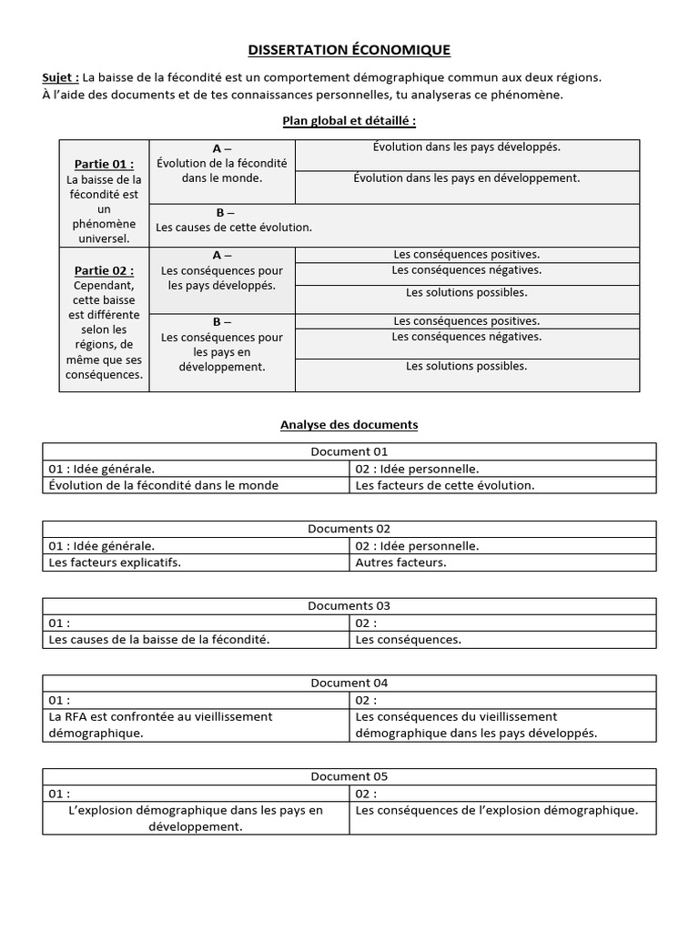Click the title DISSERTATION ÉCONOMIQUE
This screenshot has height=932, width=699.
pos(349,50)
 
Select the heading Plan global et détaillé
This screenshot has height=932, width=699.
pos(349,120)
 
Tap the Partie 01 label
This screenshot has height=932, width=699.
pos(104,164)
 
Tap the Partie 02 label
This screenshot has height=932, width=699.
pos(104,270)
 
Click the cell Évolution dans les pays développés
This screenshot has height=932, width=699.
pos(466,147)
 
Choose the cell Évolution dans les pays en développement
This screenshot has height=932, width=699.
pos(466,178)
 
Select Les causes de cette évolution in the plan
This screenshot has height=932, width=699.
pos(234,228)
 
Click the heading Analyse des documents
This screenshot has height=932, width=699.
pos(349,424)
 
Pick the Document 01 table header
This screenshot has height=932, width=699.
pos(349,451)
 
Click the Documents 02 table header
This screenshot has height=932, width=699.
pos(349,529)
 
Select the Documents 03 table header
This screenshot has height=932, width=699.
pos(349,606)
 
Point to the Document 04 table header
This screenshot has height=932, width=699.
pos(349,683)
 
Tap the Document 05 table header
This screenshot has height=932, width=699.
pos(349,776)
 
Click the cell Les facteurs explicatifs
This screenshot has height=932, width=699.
pos(115,562)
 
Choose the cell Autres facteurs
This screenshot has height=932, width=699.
pos(401,562)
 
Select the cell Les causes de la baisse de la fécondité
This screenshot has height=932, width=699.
pos(159,640)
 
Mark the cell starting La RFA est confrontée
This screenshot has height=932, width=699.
pos(160,724)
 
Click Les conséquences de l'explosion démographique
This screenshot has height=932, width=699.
pos(496,810)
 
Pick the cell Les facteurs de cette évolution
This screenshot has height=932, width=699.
pos(445,485)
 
